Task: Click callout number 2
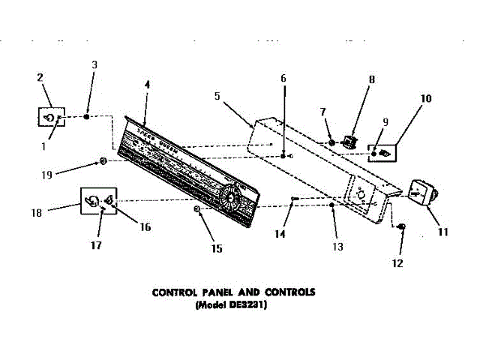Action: (40, 76)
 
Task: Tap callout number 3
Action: (94, 64)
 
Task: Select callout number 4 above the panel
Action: (147, 85)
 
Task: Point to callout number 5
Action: (217, 96)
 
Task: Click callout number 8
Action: (372, 79)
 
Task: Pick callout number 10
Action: (426, 98)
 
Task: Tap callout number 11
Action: (442, 232)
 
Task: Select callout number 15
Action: (217, 248)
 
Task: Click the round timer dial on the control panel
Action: (228, 199)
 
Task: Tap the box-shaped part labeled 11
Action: (423, 193)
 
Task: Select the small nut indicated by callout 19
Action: (103, 160)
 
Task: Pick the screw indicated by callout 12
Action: (402, 226)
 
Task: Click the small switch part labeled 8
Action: (348, 140)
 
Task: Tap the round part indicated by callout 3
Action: (86, 117)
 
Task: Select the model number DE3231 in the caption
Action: (252, 305)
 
